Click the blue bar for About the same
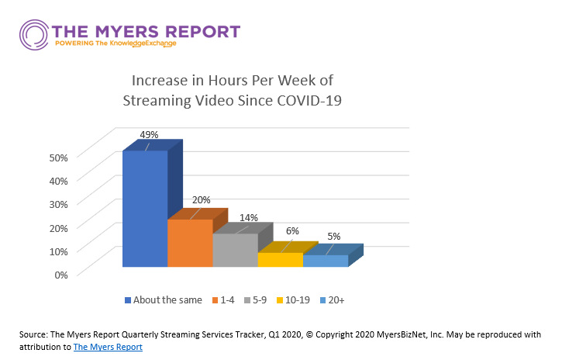(x=145, y=209)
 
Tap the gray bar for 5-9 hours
(x=235, y=250)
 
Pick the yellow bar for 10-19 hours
(x=280, y=260)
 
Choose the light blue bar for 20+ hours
(x=325, y=261)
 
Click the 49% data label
(x=149, y=134)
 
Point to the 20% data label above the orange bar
(x=202, y=200)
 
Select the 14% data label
(x=248, y=218)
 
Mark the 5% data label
(x=333, y=237)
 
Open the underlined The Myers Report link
(x=108, y=348)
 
